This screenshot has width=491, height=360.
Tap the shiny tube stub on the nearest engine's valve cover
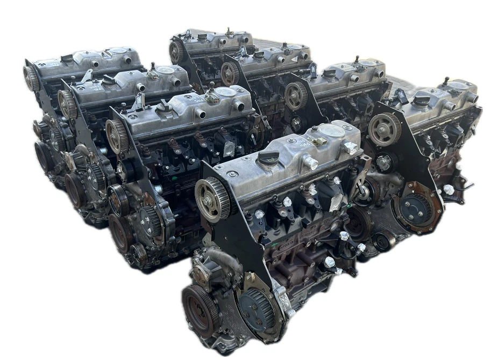point(311,162)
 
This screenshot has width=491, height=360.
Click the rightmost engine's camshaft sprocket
point(385,129)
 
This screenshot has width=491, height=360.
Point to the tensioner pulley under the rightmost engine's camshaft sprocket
point(384,161)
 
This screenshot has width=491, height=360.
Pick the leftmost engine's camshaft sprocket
point(31,77)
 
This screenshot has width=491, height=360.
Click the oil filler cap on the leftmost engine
point(67,58)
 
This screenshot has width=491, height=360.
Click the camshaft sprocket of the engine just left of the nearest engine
point(116,136)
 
